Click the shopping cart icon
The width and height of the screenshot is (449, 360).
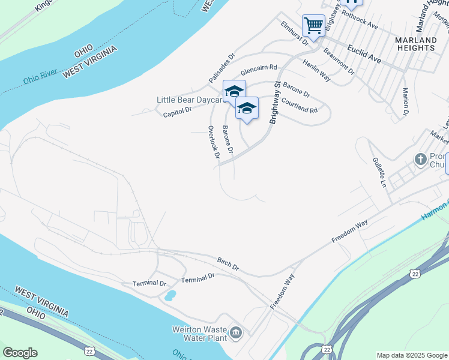[x=313, y=26]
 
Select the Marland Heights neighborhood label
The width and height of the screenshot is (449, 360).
[x=415, y=43]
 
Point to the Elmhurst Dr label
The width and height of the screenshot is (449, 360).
[x=294, y=34]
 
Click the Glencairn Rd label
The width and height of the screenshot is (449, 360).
[x=259, y=70]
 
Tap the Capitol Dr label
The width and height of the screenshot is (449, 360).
[x=177, y=110]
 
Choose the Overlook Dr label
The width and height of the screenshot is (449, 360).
[x=212, y=142]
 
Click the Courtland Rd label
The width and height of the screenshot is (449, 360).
[x=299, y=106]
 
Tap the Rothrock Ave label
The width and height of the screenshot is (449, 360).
[x=360, y=26]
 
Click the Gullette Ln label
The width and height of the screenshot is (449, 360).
[x=379, y=172]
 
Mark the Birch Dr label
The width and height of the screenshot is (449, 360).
[x=228, y=265]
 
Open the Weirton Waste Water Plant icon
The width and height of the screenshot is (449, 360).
[x=236, y=332]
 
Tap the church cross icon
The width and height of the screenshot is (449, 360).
[x=420, y=160]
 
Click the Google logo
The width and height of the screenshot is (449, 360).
[x=20, y=353]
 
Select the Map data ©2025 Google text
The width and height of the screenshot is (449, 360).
[x=412, y=355]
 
